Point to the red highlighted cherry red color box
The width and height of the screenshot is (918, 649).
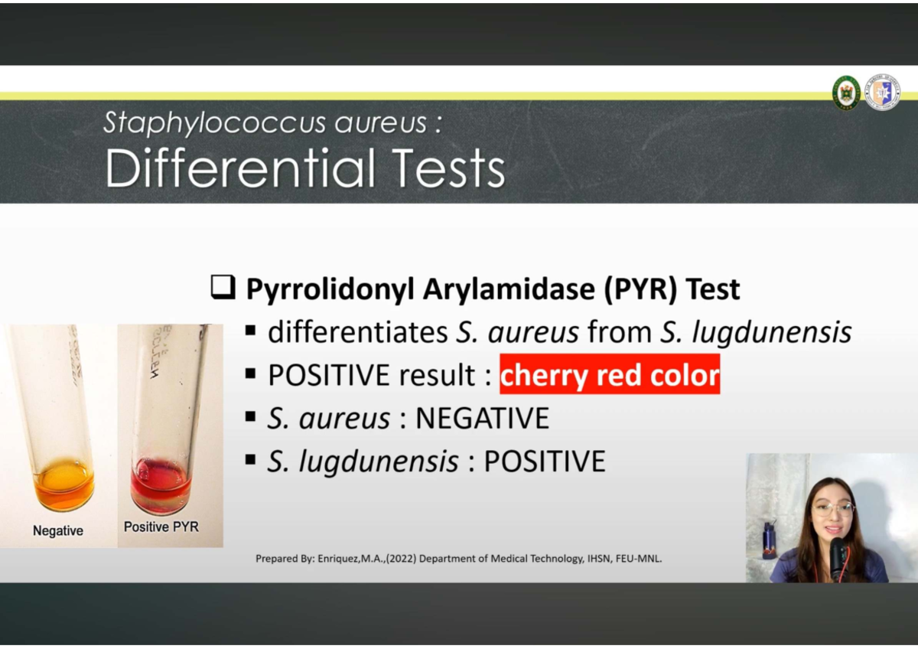[x=610, y=375]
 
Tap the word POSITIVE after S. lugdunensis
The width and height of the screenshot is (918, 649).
[x=545, y=461]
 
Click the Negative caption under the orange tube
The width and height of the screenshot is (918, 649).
[x=58, y=530]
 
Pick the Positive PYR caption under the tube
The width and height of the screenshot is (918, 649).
[x=161, y=527]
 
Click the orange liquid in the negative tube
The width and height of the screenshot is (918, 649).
[x=63, y=484]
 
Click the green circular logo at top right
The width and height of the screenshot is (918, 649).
[x=846, y=93]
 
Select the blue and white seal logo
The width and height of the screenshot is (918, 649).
[x=882, y=93]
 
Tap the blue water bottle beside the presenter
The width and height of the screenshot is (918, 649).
[x=769, y=540]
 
